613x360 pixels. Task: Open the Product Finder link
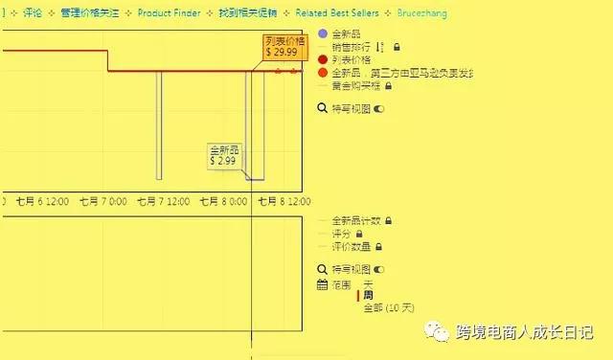coord(169,13)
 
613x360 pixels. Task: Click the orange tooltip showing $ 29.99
coord(284,46)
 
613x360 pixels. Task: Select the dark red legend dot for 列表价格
coord(323,59)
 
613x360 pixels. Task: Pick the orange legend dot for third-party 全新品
coord(323,72)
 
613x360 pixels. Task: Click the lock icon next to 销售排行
coord(397,47)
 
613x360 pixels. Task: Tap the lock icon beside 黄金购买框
coord(389,85)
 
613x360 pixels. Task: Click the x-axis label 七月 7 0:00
coord(102,202)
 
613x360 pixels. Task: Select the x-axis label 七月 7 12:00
coord(163,202)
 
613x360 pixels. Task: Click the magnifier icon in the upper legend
coord(322,109)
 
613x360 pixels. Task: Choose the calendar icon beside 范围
coord(322,284)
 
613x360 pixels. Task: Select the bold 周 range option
coord(368,296)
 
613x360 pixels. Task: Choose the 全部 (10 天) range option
coord(388,308)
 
